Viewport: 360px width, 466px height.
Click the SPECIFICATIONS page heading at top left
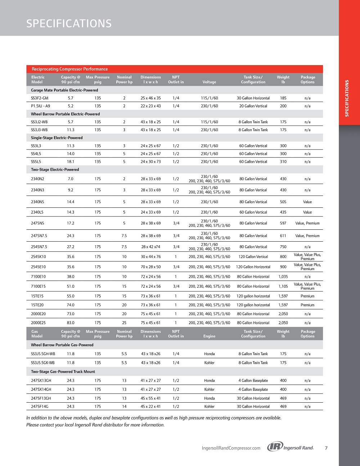click(69, 23)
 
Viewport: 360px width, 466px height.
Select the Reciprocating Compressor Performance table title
click(69, 69)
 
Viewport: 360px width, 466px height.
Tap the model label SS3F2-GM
click(40, 98)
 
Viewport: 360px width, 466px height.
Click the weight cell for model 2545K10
click(283, 257)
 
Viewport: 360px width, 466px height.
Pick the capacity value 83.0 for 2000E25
click(71, 323)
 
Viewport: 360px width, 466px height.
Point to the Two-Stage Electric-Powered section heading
click(55, 170)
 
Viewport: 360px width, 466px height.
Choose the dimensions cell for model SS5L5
click(150, 162)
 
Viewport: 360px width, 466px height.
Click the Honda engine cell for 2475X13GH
click(209, 380)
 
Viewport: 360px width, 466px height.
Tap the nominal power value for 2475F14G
click(124, 406)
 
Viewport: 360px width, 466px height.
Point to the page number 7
click(326, 448)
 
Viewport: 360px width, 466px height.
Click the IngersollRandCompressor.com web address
click(231, 448)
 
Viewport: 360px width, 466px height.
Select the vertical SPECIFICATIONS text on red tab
click(347, 98)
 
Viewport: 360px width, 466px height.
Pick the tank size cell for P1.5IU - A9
click(253, 106)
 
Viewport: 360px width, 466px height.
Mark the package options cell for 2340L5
click(307, 212)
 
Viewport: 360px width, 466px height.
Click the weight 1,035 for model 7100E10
click(283, 277)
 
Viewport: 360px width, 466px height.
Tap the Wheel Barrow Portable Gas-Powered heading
click(62, 345)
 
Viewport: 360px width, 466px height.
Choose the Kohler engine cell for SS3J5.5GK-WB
click(209, 363)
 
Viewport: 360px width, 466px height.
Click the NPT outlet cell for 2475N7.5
click(176, 236)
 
